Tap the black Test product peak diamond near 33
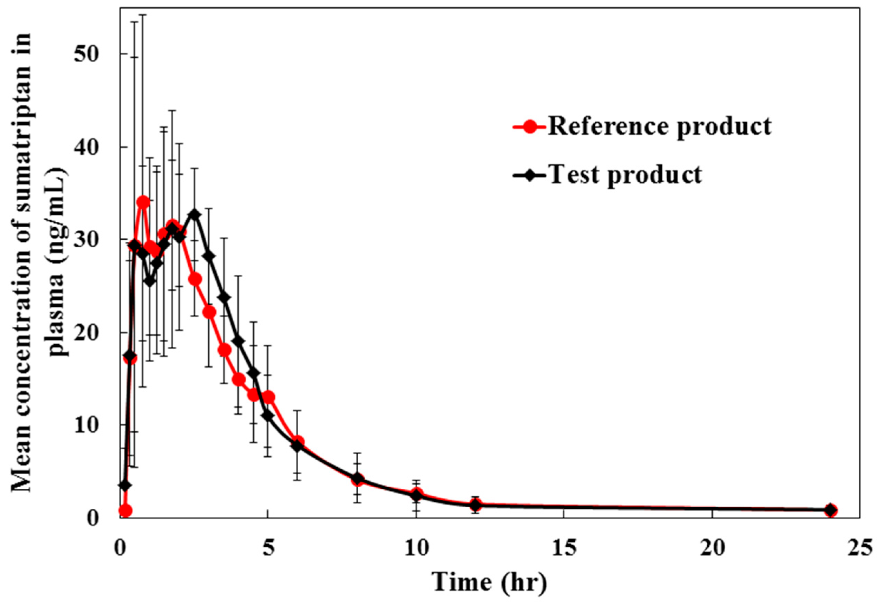(195, 214)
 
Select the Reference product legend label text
(659, 126)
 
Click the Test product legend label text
(625, 174)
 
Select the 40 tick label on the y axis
(88, 147)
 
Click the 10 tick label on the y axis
(88, 425)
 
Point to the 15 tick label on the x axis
(564, 548)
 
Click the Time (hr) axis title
(490, 582)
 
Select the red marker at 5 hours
(269, 398)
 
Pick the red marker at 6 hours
(299, 441)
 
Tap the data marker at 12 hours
(476, 505)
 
